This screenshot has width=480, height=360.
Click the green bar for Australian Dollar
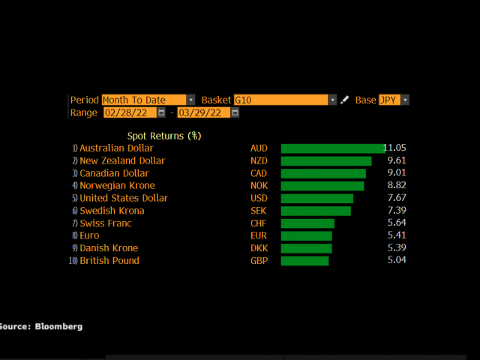332,148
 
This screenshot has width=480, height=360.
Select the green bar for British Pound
304,261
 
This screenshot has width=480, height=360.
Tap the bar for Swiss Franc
307,223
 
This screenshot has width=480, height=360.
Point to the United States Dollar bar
316,199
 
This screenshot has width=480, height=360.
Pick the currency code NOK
259,186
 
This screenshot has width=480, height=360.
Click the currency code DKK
259,248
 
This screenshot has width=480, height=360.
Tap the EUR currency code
259,235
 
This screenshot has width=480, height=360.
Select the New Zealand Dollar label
122,161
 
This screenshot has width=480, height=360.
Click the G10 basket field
280,100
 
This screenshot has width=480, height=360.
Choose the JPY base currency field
389,100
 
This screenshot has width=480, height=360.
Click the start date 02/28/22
129,112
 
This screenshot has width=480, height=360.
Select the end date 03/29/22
202,112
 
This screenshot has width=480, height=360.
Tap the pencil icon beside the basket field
345,100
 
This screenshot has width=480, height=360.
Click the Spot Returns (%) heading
164,136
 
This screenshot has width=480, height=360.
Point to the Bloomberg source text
41,326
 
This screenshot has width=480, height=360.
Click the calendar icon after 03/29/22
235,112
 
